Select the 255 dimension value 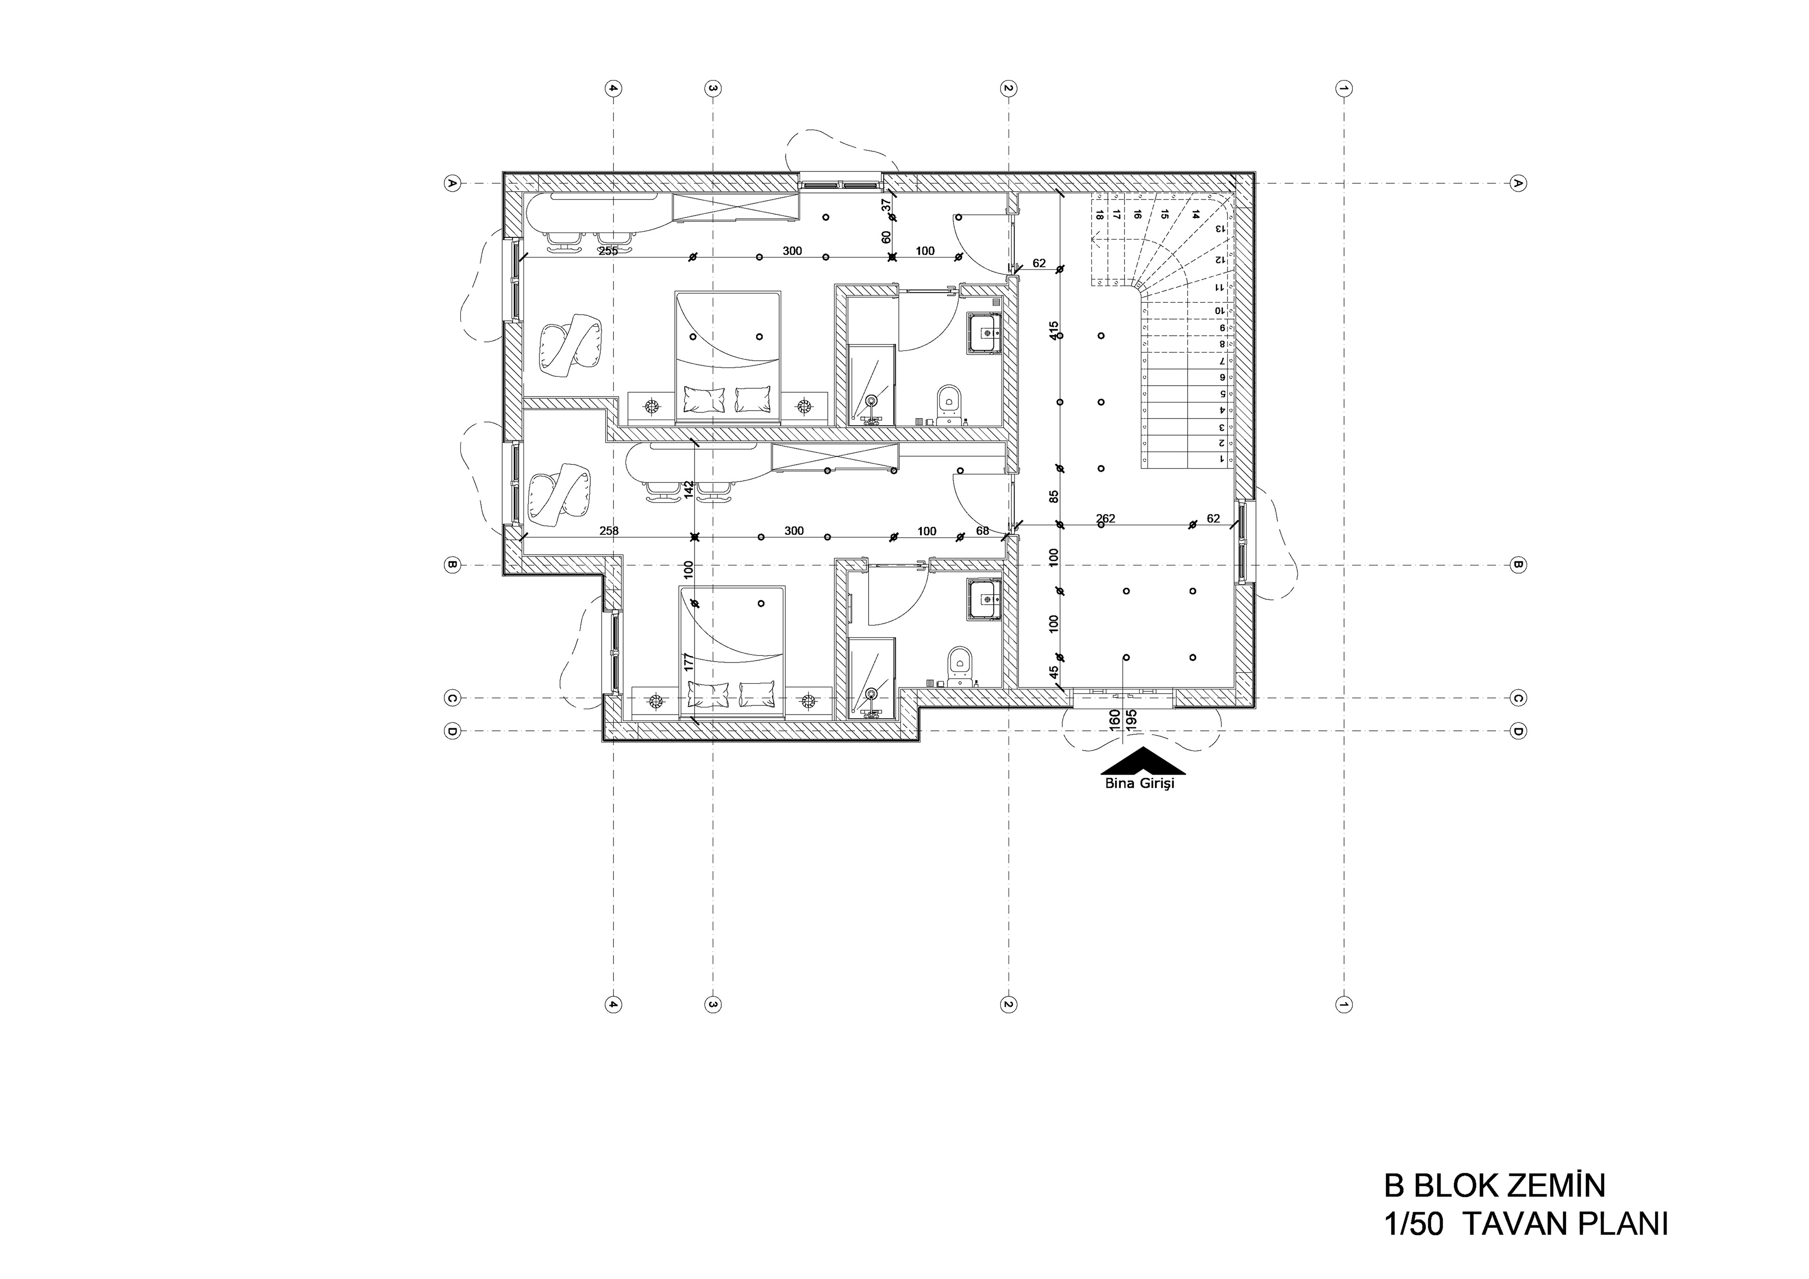608,251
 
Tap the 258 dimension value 609,531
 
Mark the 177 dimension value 689,662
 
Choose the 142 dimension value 689,490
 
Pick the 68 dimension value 983,531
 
